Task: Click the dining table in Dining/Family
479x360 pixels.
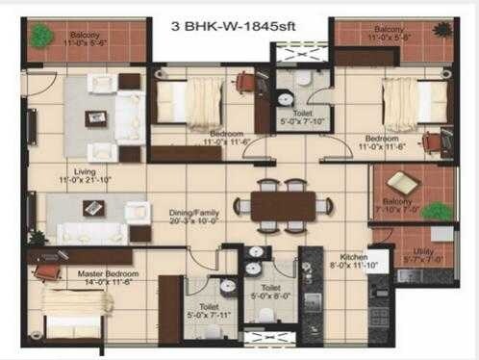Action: tap(283, 206)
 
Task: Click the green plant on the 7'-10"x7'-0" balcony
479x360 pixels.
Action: tap(437, 211)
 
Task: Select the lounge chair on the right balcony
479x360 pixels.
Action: tap(403, 183)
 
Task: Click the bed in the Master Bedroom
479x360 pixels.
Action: tap(71, 313)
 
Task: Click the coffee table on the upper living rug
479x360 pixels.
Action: tap(95, 117)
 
